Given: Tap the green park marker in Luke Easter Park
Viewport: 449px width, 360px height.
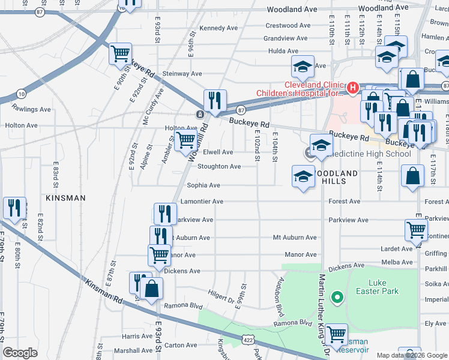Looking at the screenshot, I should click(x=337, y=297).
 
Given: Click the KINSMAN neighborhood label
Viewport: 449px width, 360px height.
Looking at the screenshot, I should click(x=64, y=197).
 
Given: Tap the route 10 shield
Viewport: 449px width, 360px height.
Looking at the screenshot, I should click(x=22, y=94).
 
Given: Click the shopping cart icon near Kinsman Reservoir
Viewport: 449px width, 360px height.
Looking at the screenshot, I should click(x=336, y=333).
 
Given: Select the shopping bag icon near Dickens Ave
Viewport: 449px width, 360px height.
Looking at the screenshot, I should click(x=154, y=288).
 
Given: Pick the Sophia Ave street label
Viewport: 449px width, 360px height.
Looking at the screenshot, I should click(x=203, y=185).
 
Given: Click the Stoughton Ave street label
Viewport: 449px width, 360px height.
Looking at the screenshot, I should click(x=219, y=166).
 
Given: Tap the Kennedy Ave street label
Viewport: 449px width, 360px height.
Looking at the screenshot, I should click(x=218, y=28).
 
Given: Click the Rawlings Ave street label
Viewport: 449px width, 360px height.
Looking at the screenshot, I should click(x=31, y=109).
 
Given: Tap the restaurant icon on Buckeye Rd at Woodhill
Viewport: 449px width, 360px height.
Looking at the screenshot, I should click(x=214, y=100).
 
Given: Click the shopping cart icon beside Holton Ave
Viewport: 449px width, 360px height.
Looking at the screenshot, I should click(x=187, y=141).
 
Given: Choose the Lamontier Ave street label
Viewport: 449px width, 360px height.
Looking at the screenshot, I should click(x=205, y=202).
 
